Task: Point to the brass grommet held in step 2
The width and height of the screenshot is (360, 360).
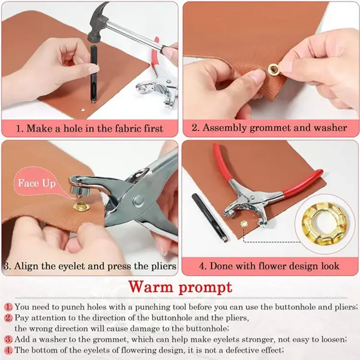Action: click(x=274, y=70)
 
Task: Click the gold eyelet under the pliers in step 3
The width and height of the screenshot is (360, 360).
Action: click(x=80, y=207)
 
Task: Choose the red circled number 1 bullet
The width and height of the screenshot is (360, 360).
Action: click(x=9, y=306)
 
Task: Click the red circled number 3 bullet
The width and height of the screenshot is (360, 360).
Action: click(x=9, y=340)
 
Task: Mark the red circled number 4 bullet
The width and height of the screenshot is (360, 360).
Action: click(x=9, y=350)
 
